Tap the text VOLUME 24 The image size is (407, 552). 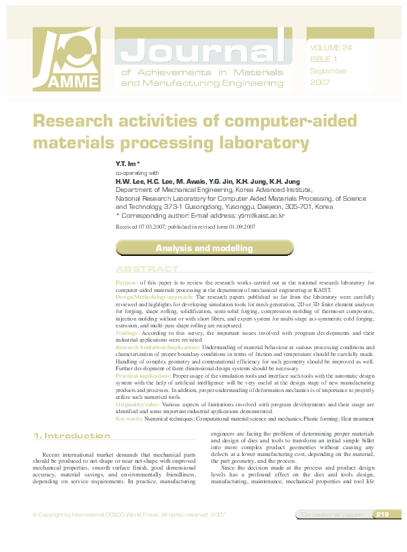[x=331, y=48]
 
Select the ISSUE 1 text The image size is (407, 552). [x=323, y=59]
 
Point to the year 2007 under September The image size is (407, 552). [x=320, y=82]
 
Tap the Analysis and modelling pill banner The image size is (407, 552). [x=204, y=248]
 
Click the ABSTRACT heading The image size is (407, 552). [x=147, y=270]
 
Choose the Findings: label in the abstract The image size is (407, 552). [x=127, y=333]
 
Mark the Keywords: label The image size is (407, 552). [x=129, y=419]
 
